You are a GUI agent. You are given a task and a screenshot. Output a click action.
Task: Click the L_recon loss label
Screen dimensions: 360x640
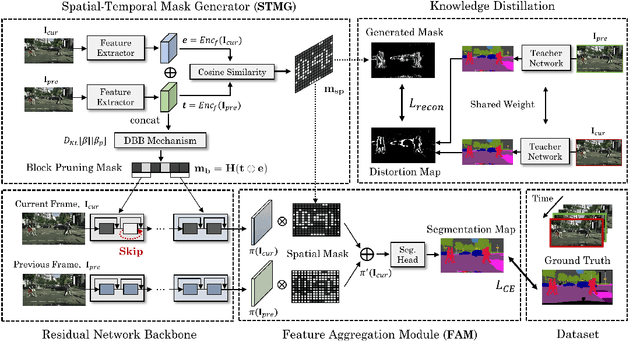[409, 103]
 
